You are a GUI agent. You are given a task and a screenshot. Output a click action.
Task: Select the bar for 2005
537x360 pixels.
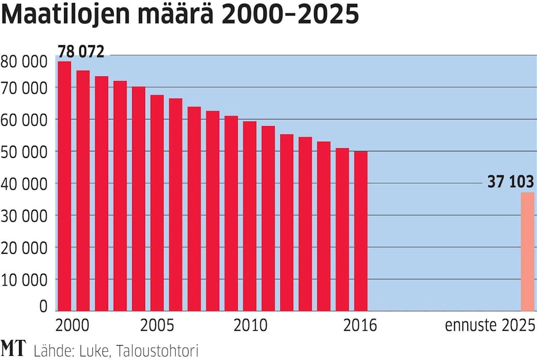point(157,203)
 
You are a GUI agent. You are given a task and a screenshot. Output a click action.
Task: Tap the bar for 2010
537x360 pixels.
point(250,215)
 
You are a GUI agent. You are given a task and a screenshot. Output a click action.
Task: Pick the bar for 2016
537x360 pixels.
point(361,231)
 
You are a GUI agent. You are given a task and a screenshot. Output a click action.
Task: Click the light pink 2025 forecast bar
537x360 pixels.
point(527,251)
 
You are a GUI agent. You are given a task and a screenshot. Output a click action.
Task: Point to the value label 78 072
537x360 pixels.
point(81,52)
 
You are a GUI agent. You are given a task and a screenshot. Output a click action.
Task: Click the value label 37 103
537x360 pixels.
point(510,182)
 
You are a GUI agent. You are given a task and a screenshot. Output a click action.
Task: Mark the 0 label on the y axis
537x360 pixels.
point(43,306)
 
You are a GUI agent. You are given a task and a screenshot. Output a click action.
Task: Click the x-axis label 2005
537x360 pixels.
point(157,326)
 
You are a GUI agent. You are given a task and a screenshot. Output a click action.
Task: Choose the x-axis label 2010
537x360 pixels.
point(250,326)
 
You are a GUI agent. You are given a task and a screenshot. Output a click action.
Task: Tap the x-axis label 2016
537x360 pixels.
point(360,326)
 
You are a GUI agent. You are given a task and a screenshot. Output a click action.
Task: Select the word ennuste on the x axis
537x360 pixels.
point(467,326)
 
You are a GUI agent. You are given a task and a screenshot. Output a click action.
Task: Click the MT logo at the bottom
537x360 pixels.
point(13,349)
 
